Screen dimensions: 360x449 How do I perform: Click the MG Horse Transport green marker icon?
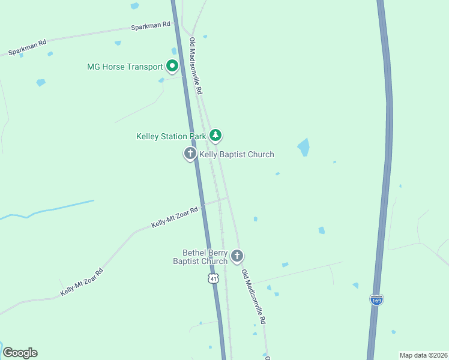[172, 66]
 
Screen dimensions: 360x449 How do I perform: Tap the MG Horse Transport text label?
[125, 67]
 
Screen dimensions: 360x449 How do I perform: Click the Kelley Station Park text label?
[171, 137]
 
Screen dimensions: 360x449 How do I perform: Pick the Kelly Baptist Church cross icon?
[190, 154]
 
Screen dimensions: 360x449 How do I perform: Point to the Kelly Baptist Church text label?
[237, 155]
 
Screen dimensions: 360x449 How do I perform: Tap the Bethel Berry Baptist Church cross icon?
[237, 257]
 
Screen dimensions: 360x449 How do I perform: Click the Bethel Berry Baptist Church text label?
[200, 257]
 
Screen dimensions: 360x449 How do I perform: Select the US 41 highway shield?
[214, 279]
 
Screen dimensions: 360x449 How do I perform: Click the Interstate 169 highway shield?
[376, 299]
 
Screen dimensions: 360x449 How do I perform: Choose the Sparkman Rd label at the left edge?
[28, 48]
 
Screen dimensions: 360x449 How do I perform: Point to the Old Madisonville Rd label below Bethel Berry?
[254, 296]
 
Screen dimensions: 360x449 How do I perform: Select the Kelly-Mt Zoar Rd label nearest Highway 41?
[175, 217]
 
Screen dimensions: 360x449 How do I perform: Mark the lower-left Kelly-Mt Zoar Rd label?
[82, 282]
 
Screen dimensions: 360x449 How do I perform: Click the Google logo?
[20, 353]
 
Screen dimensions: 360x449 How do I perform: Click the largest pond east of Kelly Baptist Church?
[304, 147]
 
